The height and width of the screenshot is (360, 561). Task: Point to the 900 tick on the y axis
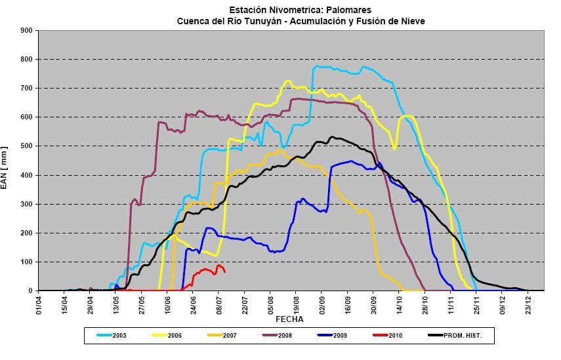[26, 30]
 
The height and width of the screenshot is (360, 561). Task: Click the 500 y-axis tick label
[26, 146]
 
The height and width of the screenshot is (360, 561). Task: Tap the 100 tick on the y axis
[26, 262]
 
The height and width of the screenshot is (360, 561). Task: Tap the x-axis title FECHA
[289, 319]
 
